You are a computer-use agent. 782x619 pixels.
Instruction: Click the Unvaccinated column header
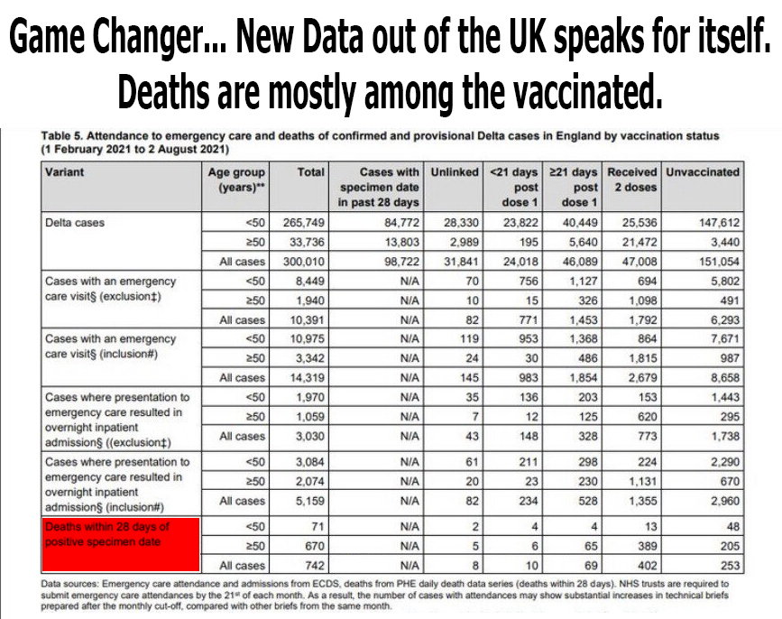click(702, 171)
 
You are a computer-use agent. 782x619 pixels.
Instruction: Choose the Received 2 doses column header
click(631, 179)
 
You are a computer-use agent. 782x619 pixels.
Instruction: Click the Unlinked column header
click(455, 171)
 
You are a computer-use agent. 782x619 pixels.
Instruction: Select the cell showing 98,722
click(397, 262)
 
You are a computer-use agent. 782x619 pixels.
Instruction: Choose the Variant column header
click(65, 171)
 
